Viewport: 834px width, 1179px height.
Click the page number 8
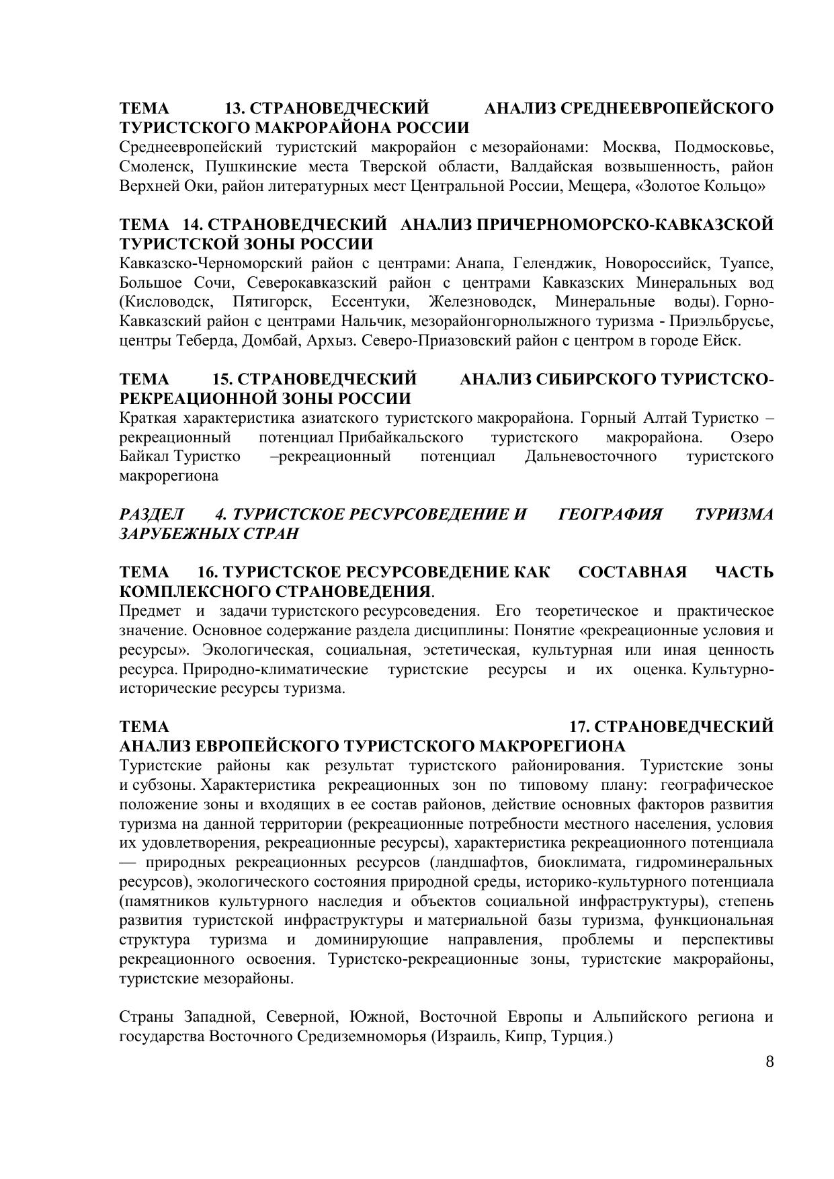coord(769,1063)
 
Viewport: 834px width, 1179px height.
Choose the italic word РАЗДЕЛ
coord(151,515)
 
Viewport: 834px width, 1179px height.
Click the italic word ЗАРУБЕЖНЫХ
coord(171,534)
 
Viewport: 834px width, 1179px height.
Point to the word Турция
coord(579,1036)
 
